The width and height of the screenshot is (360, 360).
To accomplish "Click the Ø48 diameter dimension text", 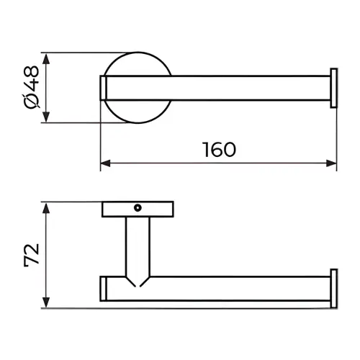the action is pos(31,87).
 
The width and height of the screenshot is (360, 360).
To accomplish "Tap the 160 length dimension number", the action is pos(219,150).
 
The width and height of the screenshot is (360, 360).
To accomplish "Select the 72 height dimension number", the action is pos(32,255).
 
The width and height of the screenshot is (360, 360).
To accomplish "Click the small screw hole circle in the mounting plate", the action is pos(138,208).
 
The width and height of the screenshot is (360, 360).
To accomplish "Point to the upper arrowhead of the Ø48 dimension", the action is pos(46,58).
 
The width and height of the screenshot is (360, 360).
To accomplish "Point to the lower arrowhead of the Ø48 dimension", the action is pos(46,117).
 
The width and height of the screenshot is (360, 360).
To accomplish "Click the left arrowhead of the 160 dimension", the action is pos(105,163).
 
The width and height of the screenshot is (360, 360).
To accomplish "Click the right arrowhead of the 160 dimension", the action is pos(331,163).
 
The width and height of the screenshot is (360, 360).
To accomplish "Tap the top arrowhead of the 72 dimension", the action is pos(46,208).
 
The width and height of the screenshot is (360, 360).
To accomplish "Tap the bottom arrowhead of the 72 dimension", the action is pos(46,302).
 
